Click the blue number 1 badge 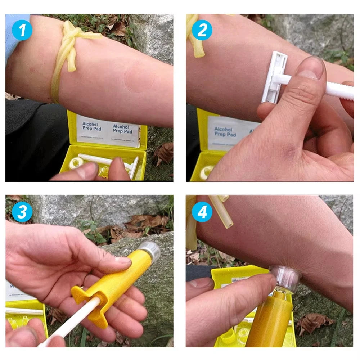coord(22,31)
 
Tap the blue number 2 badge coord(202,31)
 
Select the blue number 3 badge coord(22,212)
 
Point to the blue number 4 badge coord(202,212)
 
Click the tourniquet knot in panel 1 coord(74,38)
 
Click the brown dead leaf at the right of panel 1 coord(164,153)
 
